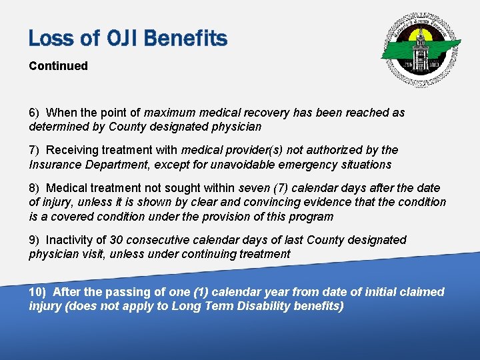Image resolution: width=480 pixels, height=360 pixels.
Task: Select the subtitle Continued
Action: [58, 66]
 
